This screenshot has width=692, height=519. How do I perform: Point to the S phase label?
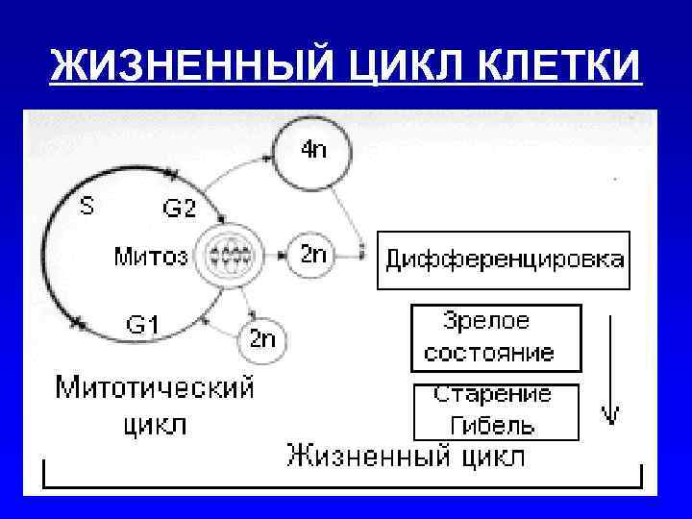click(86, 206)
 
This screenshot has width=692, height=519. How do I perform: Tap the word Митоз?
click(151, 256)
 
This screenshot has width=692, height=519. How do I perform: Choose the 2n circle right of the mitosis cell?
click(312, 255)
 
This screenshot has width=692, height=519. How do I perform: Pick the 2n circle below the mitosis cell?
click(261, 338)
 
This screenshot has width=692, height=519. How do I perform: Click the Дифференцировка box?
click(504, 259)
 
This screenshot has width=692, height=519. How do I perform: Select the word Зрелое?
click(486, 321)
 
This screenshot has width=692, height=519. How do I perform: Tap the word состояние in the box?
click(489, 352)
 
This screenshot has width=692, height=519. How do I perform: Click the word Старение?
click(492, 395)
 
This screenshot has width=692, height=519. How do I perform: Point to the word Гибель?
click(491, 424)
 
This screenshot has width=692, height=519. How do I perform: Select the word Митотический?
click(155, 389)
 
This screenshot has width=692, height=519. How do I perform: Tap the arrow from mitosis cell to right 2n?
click(276, 256)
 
